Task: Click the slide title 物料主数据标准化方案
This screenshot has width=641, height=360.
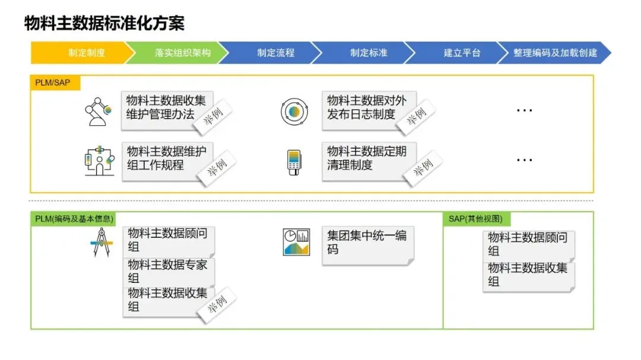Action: [x=104, y=23]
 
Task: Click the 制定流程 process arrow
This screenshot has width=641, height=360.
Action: [x=275, y=53]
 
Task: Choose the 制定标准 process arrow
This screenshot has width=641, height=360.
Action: [x=369, y=53]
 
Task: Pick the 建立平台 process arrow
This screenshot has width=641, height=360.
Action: [x=462, y=53]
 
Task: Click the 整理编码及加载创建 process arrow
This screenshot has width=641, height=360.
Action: [x=555, y=53]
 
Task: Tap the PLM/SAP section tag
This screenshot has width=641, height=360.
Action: [x=54, y=82]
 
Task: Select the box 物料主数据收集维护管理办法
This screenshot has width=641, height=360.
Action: [x=167, y=109]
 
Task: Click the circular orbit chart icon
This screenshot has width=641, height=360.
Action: [x=294, y=111]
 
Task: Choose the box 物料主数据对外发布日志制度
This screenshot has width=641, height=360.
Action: [x=367, y=108]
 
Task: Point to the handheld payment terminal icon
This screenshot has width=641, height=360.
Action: [x=294, y=162]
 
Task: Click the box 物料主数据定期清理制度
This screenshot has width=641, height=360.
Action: [x=367, y=158]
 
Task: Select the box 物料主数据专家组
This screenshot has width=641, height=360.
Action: [x=168, y=272]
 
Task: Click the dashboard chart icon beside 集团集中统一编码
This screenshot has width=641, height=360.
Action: [x=296, y=241]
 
